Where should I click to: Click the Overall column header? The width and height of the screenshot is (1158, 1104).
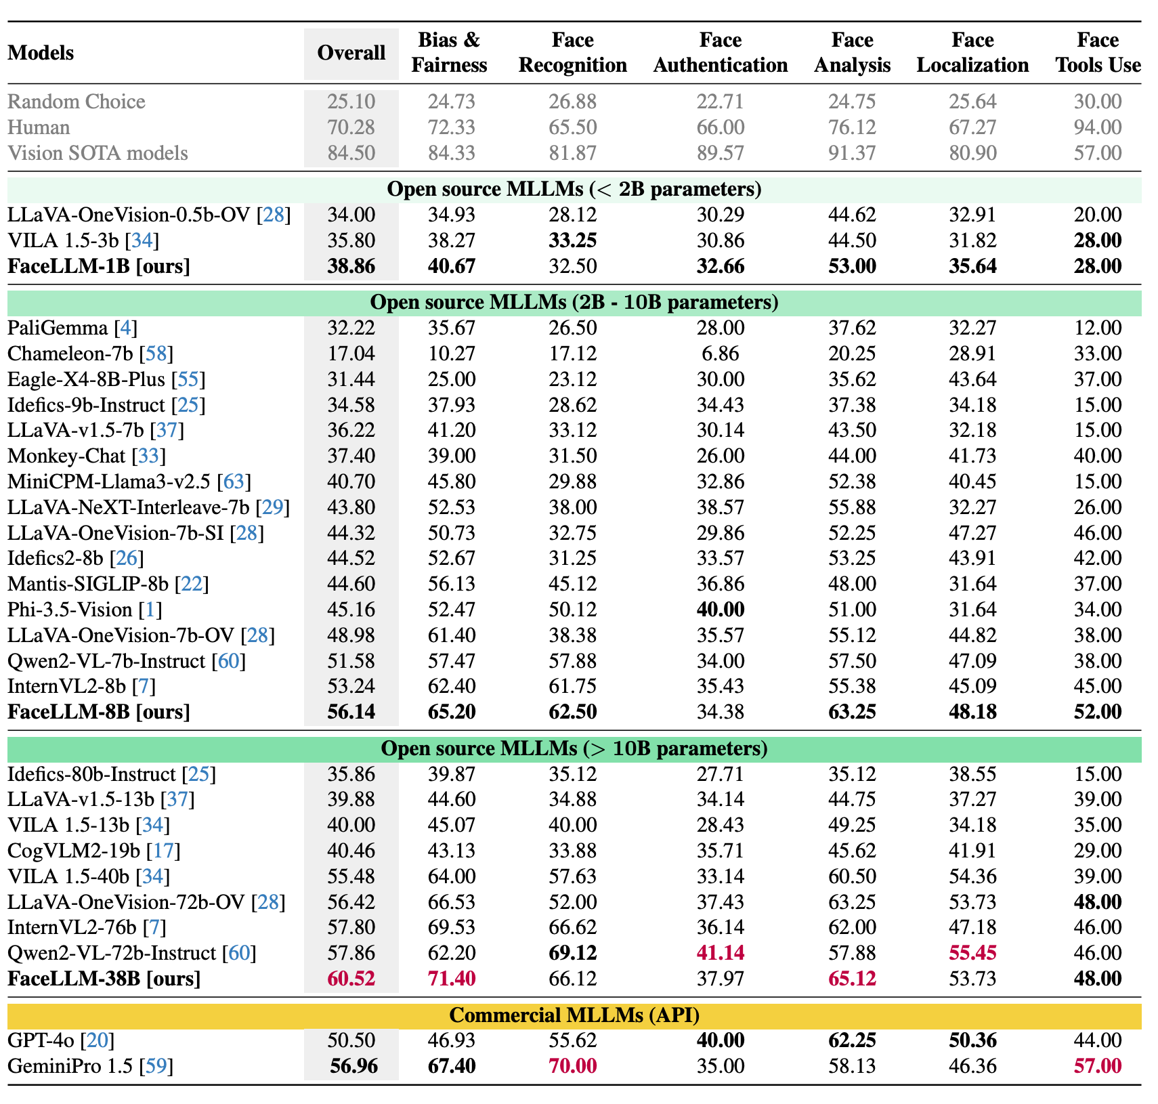(351, 53)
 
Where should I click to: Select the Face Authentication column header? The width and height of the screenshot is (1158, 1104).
(720, 53)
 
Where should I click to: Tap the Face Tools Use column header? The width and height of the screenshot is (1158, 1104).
(1098, 53)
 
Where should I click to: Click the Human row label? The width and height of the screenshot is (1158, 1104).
(39, 127)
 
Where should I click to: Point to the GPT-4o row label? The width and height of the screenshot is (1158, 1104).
(41, 1040)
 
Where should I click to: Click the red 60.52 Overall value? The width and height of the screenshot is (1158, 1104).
(351, 979)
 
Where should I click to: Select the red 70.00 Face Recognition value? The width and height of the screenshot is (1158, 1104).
(572, 1066)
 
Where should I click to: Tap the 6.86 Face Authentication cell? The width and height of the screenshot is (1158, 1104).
(720, 354)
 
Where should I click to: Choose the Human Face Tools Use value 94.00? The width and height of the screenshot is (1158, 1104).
(1098, 127)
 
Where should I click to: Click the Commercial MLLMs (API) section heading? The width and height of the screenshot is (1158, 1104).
(574, 1015)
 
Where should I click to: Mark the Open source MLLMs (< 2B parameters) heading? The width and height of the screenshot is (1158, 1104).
(574, 189)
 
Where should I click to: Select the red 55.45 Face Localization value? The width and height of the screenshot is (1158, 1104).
(972, 953)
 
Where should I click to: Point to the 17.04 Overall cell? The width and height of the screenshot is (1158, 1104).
(351, 354)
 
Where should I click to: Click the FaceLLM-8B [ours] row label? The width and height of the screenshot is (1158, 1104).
(98, 712)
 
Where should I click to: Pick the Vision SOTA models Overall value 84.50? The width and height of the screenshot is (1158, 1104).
(351, 153)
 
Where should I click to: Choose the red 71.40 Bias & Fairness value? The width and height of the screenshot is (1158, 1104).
(452, 979)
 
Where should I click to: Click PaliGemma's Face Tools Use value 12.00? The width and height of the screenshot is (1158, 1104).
(1098, 328)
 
